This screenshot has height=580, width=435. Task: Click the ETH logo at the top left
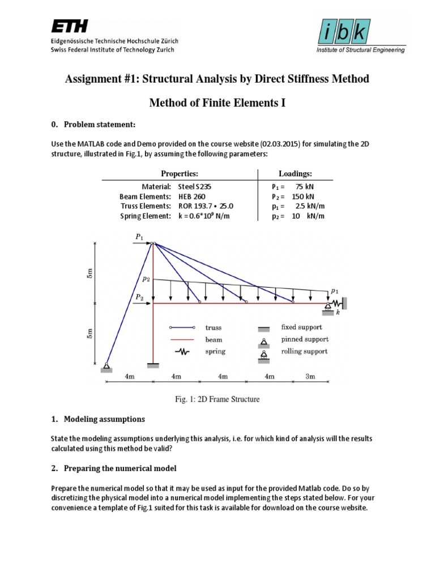click(x=73, y=27)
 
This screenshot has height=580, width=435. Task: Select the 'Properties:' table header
click(x=180, y=174)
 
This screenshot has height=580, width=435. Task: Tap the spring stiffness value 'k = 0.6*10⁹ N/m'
click(x=204, y=216)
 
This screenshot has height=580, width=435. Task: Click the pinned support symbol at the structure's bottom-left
click(x=106, y=366)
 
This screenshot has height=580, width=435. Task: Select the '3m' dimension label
click(x=310, y=376)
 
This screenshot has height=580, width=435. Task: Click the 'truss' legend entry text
click(x=214, y=327)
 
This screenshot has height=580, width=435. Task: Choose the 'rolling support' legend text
click(x=305, y=352)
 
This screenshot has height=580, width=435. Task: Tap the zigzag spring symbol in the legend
click(x=182, y=352)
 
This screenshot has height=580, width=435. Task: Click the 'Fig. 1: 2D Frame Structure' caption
click(x=217, y=399)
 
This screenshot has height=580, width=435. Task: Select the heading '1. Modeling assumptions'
click(x=98, y=419)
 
